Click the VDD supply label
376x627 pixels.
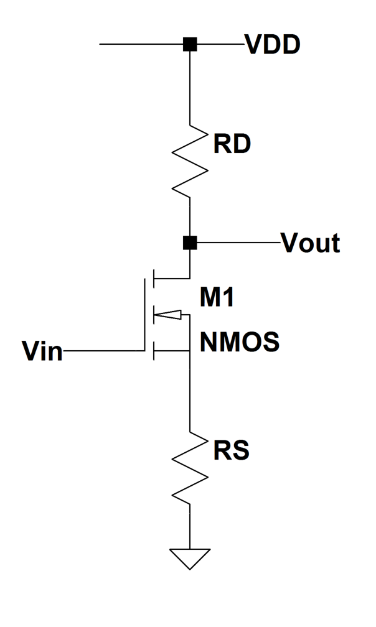click(x=273, y=45)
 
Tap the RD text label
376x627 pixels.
click(x=232, y=144)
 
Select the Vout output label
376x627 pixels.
click(x=310, y=243)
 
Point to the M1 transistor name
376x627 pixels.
click(x=216, y=299)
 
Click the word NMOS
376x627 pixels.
click(x=240, y=341)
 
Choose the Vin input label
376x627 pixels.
click(x=42, y=352)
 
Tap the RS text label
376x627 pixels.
click(x=230, y=450)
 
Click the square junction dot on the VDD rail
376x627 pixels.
click(x=190, y=45)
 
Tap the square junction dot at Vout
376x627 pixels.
click(x=190, y=243)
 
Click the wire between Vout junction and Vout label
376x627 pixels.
click(x=237, y=243)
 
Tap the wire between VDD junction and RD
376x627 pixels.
click(x=190, y=87)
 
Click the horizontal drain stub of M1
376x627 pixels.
click(x=172, y=278)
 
